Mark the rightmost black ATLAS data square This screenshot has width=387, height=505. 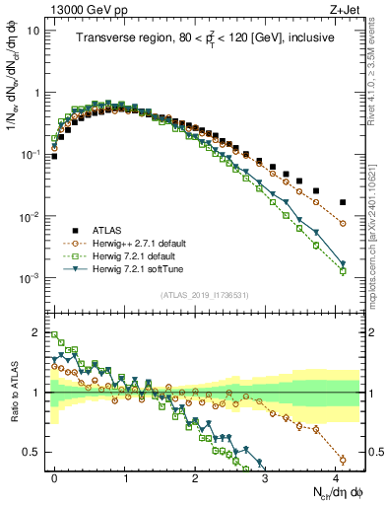(x=343, y=202)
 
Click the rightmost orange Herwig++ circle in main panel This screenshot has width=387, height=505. (x=343, y=224)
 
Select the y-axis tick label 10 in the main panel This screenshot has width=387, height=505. (x=32, y=30)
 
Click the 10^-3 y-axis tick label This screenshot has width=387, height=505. (x=30, y=279)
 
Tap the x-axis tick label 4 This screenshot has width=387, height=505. (x=336, y=476)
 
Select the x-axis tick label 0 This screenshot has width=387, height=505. (x=54, y=476)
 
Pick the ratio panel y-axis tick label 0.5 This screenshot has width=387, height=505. (x=31, y=452)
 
